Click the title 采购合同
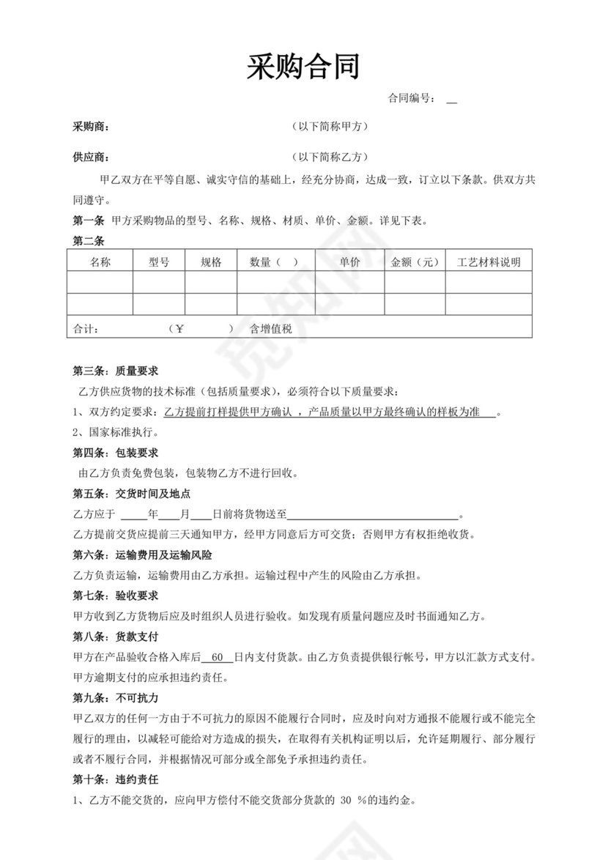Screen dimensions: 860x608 point(303,67)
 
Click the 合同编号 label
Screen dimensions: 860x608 point(412,98)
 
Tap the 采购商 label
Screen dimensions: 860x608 point(91,127)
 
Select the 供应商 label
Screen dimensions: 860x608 point(91,157)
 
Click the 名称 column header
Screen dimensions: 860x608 point(100,262)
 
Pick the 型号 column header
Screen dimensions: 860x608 point(158,262)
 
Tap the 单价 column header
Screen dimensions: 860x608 point(349,262)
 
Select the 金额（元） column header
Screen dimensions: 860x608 point(415,262)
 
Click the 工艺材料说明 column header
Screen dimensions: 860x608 point(488,262)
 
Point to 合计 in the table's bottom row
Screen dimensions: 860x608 point(86,329)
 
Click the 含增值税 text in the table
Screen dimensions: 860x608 point(271,329)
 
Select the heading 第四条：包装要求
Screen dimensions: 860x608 point(116,453)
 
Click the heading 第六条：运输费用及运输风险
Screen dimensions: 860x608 point(143,555)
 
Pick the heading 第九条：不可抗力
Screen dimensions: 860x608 point(116,697)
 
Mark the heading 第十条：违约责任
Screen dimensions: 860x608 point(116,779)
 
